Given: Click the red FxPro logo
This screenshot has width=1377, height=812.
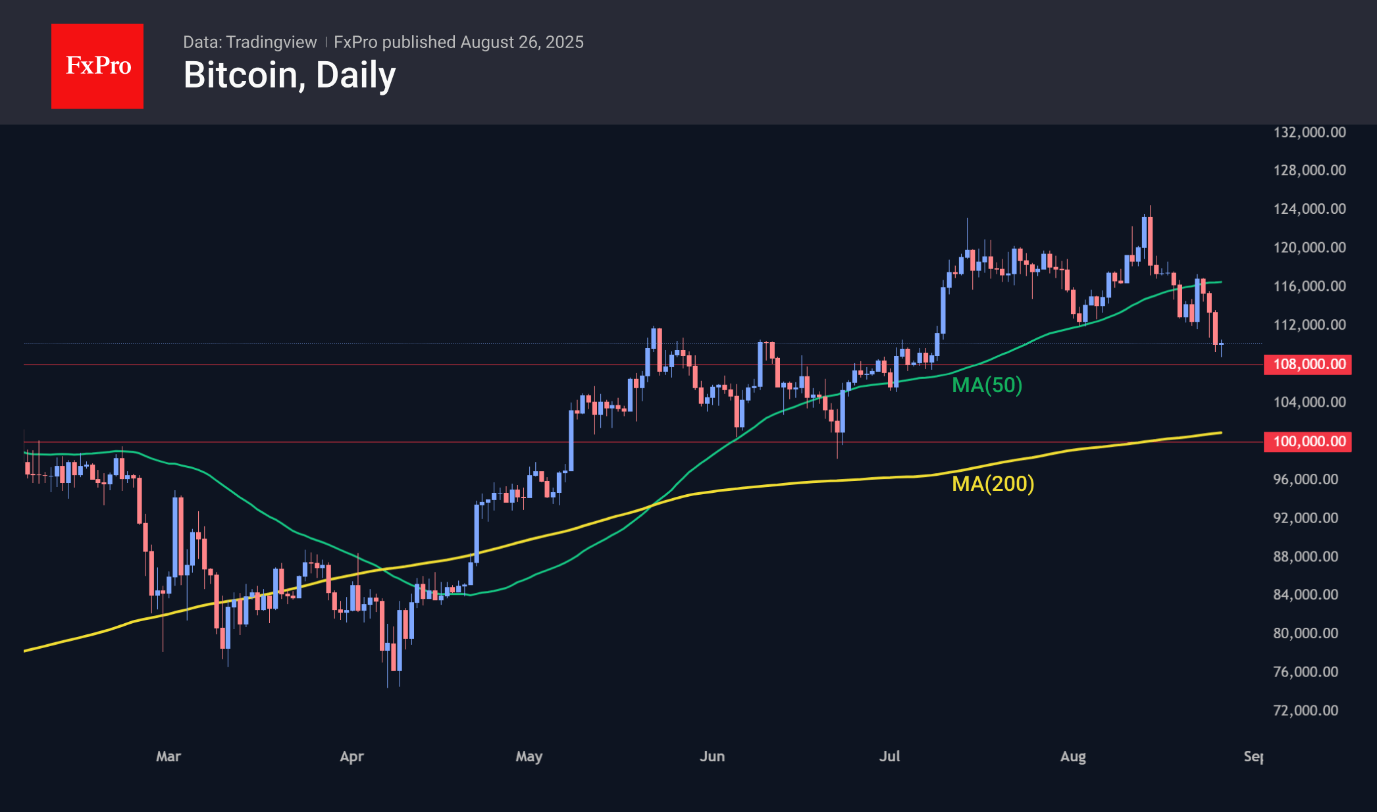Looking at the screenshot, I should [97, 66].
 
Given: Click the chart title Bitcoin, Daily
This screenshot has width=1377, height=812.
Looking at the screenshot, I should [290, 75].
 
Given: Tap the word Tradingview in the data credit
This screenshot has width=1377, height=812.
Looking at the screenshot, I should [271, 42].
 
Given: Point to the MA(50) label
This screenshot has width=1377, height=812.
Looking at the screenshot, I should [987, 385].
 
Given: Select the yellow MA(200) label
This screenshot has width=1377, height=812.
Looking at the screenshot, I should [993, 484].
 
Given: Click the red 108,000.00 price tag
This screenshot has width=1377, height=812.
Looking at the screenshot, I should [1308, 365].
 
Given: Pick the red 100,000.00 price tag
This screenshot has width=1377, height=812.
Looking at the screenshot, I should [1308, 442].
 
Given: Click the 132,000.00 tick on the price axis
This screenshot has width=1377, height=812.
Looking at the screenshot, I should [1309, 132].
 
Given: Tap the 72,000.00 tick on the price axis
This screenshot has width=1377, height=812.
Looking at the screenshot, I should [1305, 711].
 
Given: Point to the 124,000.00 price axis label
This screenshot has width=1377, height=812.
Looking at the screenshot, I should [1309, 209].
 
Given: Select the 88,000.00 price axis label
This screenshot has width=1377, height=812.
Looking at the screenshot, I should [1305, 557].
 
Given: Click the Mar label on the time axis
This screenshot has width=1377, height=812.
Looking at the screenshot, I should [169, 757].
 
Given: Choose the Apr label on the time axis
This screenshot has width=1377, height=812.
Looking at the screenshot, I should [351, 757].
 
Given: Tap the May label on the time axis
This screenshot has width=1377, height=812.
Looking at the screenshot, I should [529, 757].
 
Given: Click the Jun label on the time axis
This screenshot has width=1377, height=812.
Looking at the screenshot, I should [712, 757].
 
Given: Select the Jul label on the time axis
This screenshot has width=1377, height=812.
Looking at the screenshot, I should [889, 757].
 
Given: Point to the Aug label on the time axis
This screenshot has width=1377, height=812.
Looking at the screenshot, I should [1073, 757].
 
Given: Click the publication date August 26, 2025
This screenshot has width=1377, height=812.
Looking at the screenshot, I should [522, 42].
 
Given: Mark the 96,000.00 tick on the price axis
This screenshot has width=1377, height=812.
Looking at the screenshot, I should [1305, 480].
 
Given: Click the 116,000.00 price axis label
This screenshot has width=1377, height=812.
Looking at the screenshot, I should [1309, 286].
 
